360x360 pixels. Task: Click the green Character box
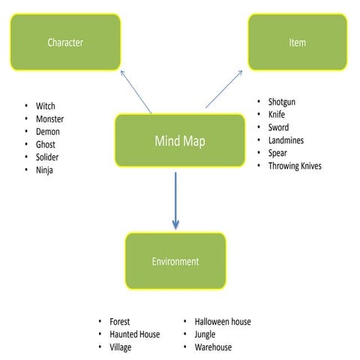coord(65,42)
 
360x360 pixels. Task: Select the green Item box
coord(297,42)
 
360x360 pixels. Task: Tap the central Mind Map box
coord(179,141)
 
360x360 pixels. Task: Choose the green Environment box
coord(175,261)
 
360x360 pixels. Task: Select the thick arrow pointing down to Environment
coord(175,201)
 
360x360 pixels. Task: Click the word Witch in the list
coord(45,106)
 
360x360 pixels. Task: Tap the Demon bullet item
coord(47,132)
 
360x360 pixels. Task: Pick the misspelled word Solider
coord(47,157)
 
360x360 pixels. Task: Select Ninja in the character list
coord(44,170)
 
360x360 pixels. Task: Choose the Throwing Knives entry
coord(295,166)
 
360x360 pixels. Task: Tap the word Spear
coord(277,153)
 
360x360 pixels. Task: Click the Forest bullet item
coord(119,322)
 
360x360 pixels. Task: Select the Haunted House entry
coord(134,334)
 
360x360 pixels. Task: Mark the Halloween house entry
coord(223,322)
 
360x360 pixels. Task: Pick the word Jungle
coord(205,334)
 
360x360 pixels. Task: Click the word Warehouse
coord(213,347)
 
